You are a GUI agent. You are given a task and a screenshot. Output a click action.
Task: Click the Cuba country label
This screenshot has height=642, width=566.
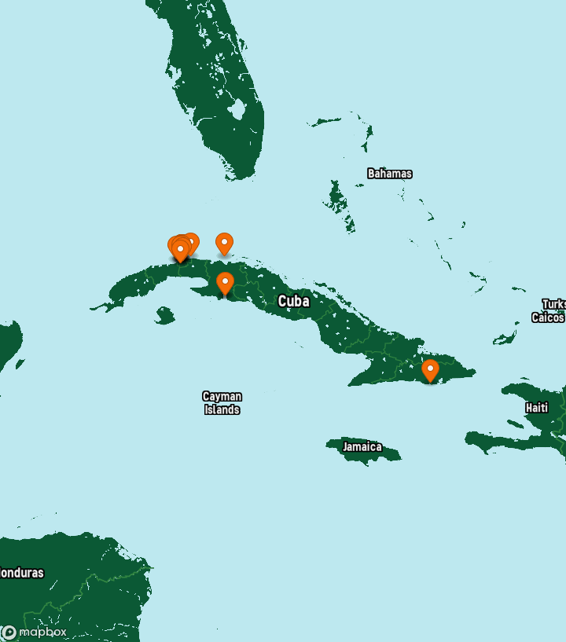coord(293,301)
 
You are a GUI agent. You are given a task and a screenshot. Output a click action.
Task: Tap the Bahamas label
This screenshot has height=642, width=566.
coord(389,174)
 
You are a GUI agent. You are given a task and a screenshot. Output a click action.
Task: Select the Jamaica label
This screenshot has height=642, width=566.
coord(362,447)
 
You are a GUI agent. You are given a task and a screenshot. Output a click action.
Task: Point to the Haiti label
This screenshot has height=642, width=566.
coord(537,408)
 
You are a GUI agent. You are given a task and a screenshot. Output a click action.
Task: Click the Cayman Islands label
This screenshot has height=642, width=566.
coord(222,403)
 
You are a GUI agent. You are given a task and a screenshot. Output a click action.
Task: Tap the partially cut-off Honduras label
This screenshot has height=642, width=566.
coord(20,573)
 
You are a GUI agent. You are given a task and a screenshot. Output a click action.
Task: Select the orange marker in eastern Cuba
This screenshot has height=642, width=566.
coord(430,369)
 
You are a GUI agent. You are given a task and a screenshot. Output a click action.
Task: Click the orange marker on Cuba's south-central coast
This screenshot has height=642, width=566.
coord(225,282)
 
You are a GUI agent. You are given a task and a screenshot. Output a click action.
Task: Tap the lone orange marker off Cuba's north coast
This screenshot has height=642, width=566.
coord(224,243)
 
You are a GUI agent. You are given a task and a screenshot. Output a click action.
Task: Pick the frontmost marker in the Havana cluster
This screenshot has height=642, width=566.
coord(180,250)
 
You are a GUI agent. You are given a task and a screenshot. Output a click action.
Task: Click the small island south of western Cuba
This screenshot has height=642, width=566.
coord(164,316)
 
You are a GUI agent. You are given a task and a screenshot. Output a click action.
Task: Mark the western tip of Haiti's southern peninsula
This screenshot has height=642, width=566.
coord(469,437)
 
